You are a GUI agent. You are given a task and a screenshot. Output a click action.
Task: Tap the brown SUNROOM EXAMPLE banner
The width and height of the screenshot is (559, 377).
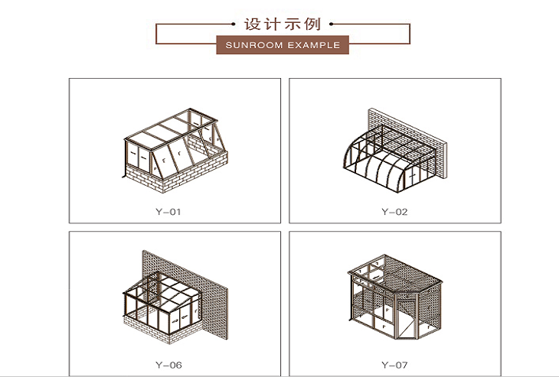click(x=283, y=45)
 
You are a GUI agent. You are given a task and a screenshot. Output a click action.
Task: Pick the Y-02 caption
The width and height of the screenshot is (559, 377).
click(x=394, y=211)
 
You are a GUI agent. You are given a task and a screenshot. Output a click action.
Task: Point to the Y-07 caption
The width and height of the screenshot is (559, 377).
click(x=394, y=364)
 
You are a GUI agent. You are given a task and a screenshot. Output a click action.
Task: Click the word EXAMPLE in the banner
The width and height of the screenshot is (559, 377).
click(x=313, y=45)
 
